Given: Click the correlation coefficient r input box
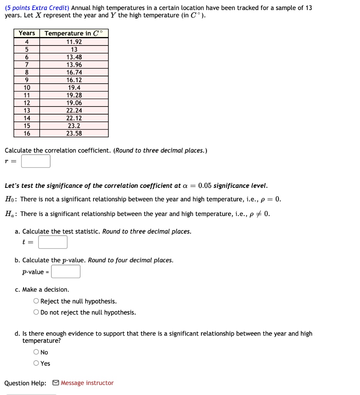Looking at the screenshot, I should tap(35, 161).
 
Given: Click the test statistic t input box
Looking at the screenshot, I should tap(53, 242).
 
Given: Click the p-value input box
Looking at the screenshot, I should tap(66, 272).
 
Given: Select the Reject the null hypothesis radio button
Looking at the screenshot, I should tap(36, 301).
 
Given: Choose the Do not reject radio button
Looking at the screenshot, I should tap(36, 312).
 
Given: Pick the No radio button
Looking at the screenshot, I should tap(36, 352).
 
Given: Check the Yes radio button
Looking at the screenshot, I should tap(36, 363).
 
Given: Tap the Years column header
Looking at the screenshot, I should tap(27, 33).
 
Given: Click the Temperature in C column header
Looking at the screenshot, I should tap(74, 33).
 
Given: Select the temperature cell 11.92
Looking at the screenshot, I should tap(74, 42).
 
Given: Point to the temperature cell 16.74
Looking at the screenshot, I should tap(74, 73).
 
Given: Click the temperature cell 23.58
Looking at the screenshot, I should tap(74, 133).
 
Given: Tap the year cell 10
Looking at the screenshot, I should tap(27, 88).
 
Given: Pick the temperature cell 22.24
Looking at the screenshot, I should tap(74, 110).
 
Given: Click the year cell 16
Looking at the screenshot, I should tap(27, 133).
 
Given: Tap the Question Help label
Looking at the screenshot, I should tap(25, 383).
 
